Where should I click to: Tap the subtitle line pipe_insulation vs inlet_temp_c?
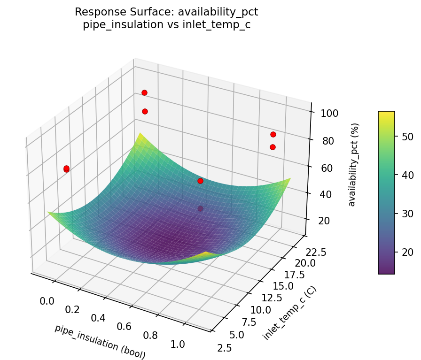tap(166, 25)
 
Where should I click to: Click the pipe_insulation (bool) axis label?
tap(100, 342)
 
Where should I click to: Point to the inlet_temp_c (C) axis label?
tap(289, 313)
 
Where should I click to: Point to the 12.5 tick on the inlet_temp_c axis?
tap(273, 298)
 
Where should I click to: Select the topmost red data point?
tap(144, 92)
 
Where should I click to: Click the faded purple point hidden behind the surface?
tap(201, 208)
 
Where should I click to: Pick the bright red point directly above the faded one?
tap(200, 181)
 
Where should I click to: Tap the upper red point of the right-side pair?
tap(273, 135)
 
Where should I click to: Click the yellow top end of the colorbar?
tap(386, 114)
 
